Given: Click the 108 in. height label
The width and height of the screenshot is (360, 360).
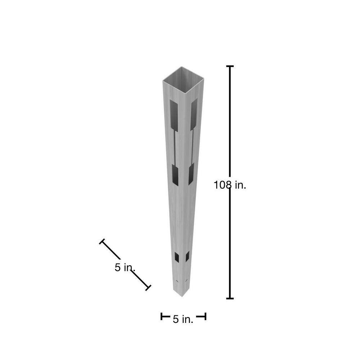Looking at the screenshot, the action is tap(230, 185).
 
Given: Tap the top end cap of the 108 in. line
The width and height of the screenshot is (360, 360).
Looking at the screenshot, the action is tap(230, 66).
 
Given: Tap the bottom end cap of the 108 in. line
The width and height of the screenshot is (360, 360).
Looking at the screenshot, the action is tap(230, 298).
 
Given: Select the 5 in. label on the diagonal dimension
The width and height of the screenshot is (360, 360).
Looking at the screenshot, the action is tap(125, 267).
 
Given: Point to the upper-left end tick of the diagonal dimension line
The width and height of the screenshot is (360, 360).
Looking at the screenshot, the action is tap(102, 241).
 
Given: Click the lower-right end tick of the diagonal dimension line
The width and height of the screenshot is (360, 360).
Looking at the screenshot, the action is tap(148, 288).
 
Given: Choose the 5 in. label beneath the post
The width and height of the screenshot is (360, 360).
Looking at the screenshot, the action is tap(183, 319).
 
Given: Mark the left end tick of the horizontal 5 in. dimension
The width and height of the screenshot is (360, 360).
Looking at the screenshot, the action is tap(162, 316).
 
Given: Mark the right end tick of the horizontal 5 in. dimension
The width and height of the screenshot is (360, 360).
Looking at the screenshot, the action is tap(205, 316).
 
